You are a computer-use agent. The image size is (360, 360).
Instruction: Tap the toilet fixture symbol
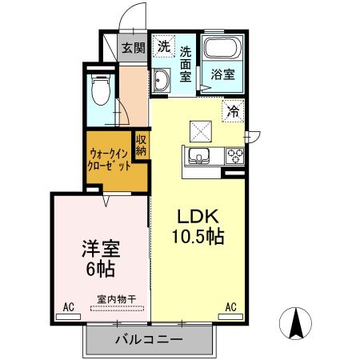pyautogui.click(x=100, y=90)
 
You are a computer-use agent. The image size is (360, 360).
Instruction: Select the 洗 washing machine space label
pyautogui.click(x=162, y=46)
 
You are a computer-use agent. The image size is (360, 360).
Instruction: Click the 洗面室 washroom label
pyautogui.click(x=186, y=65)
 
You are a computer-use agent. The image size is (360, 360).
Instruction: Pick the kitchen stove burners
pyautogui.click(x=235, y=154)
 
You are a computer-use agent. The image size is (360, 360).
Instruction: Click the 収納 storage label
pyautogui.click(x=141, y=146)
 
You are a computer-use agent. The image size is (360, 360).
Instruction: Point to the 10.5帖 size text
pyautogui.click(x=196, y=237)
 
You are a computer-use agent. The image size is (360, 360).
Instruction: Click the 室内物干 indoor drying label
pyautogui.click(x=117, y=299)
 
